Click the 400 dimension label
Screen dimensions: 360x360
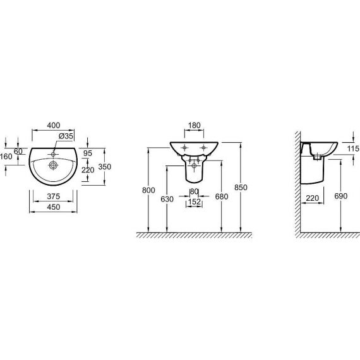tap(54, 125)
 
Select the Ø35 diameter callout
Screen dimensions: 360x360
tap(66, 136)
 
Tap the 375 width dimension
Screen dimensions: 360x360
tap(53, 196)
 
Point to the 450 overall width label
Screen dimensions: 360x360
tap(54, 207)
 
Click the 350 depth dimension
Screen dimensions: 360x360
tap(105, 167)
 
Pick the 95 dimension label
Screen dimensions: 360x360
tap(88, 153)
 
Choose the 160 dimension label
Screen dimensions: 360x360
tap(6, 157)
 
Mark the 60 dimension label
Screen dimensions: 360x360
tap(18, 152)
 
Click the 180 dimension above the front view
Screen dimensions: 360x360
tap(195, 125)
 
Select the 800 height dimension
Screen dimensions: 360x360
tap(148, 190)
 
